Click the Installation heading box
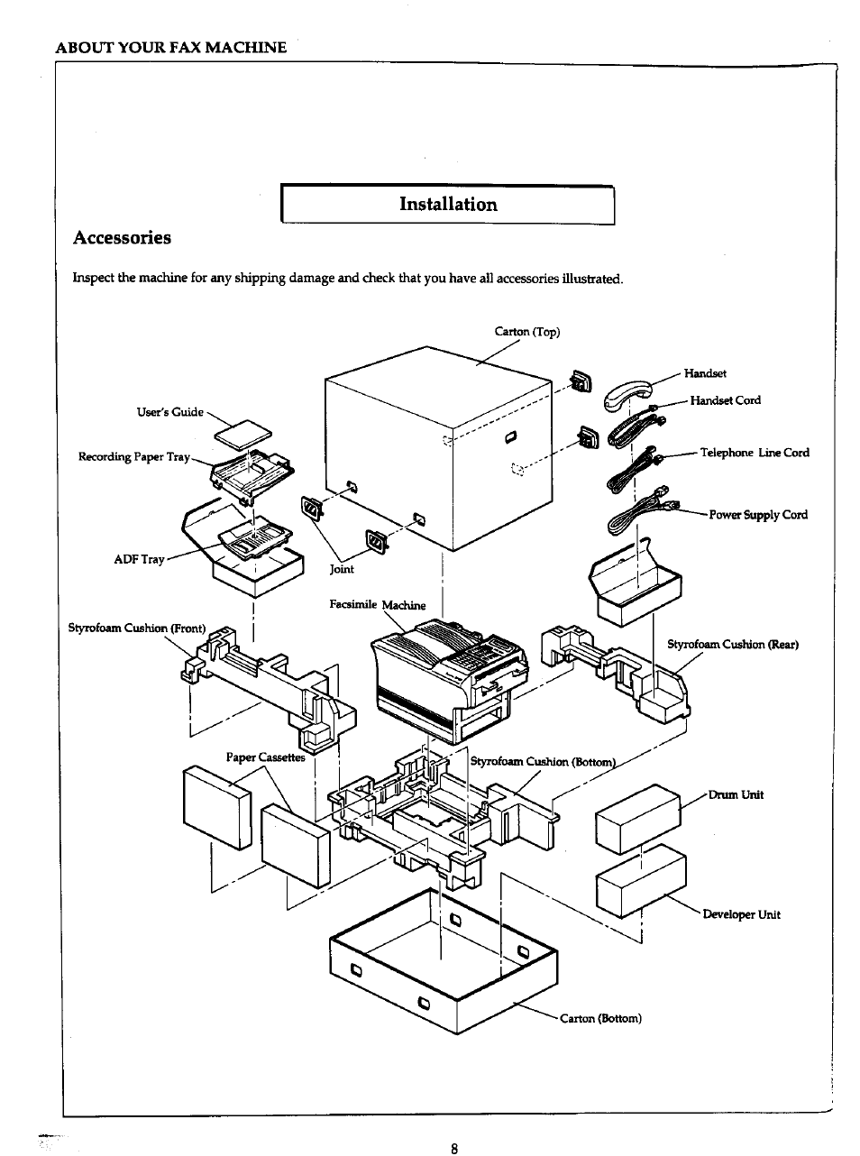448,205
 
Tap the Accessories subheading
122,238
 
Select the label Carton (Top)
527,332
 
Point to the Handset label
705,373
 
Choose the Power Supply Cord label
758,515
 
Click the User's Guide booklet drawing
242,435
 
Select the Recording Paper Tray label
134,457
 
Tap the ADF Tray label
139,559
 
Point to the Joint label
342,569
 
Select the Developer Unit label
741,914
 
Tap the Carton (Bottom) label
600,1018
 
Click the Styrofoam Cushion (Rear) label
732,644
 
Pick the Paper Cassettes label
265,757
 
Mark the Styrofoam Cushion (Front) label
137,628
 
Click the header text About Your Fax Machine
170,47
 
